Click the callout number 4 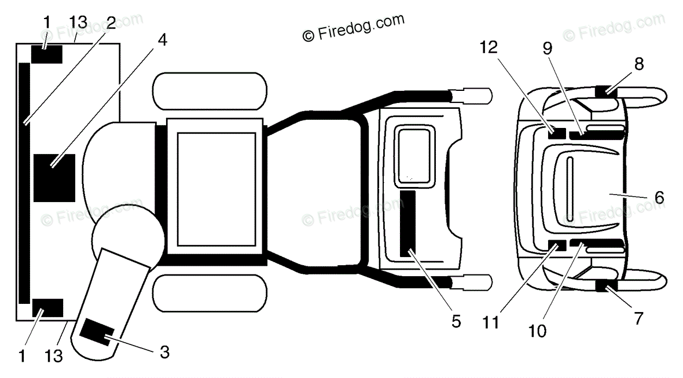pos(163,41)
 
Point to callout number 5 pos(456,321)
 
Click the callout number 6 pos(659,197)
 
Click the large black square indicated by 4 pos(54,178)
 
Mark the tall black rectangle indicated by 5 pos(407,223)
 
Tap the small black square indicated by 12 pos(557,131)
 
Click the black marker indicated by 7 pos(605,285)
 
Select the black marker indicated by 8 pos(605,90)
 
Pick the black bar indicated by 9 pos(596,135)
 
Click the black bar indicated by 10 pos(596,243)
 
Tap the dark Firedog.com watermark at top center pos(353,27)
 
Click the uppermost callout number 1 pos(46,23)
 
